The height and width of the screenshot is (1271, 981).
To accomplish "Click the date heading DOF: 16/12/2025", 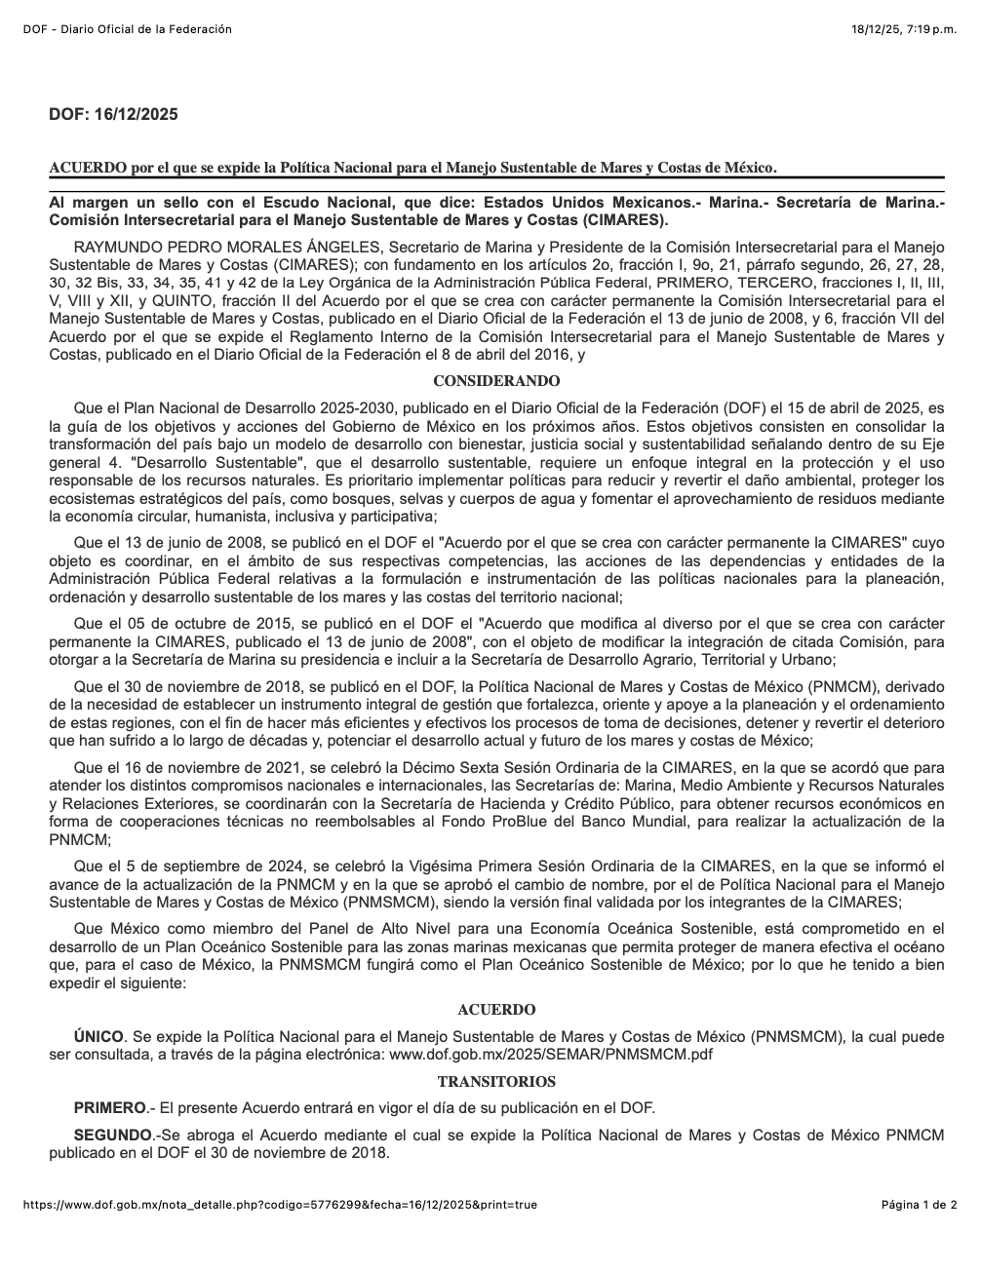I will (x=113, y=115).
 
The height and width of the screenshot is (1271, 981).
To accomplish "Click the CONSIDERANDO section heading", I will (x=496, y=381).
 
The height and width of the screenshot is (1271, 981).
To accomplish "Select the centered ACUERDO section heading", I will (x=496, y=1010).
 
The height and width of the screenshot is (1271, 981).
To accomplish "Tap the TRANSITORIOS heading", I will (x=496, y=1082).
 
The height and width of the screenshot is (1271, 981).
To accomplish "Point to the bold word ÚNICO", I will (x=98, y=1036).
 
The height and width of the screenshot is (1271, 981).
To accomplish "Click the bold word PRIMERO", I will (x=109, y=1108).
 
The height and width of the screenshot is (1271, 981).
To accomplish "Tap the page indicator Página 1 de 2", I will (x=919, y=1205).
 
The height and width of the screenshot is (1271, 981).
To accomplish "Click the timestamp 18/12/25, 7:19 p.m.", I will (x=904, y=29).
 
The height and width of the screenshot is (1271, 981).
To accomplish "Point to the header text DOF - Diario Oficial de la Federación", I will (x=127, y=29).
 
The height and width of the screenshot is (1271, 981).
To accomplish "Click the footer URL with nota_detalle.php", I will (x=280, y=1205).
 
